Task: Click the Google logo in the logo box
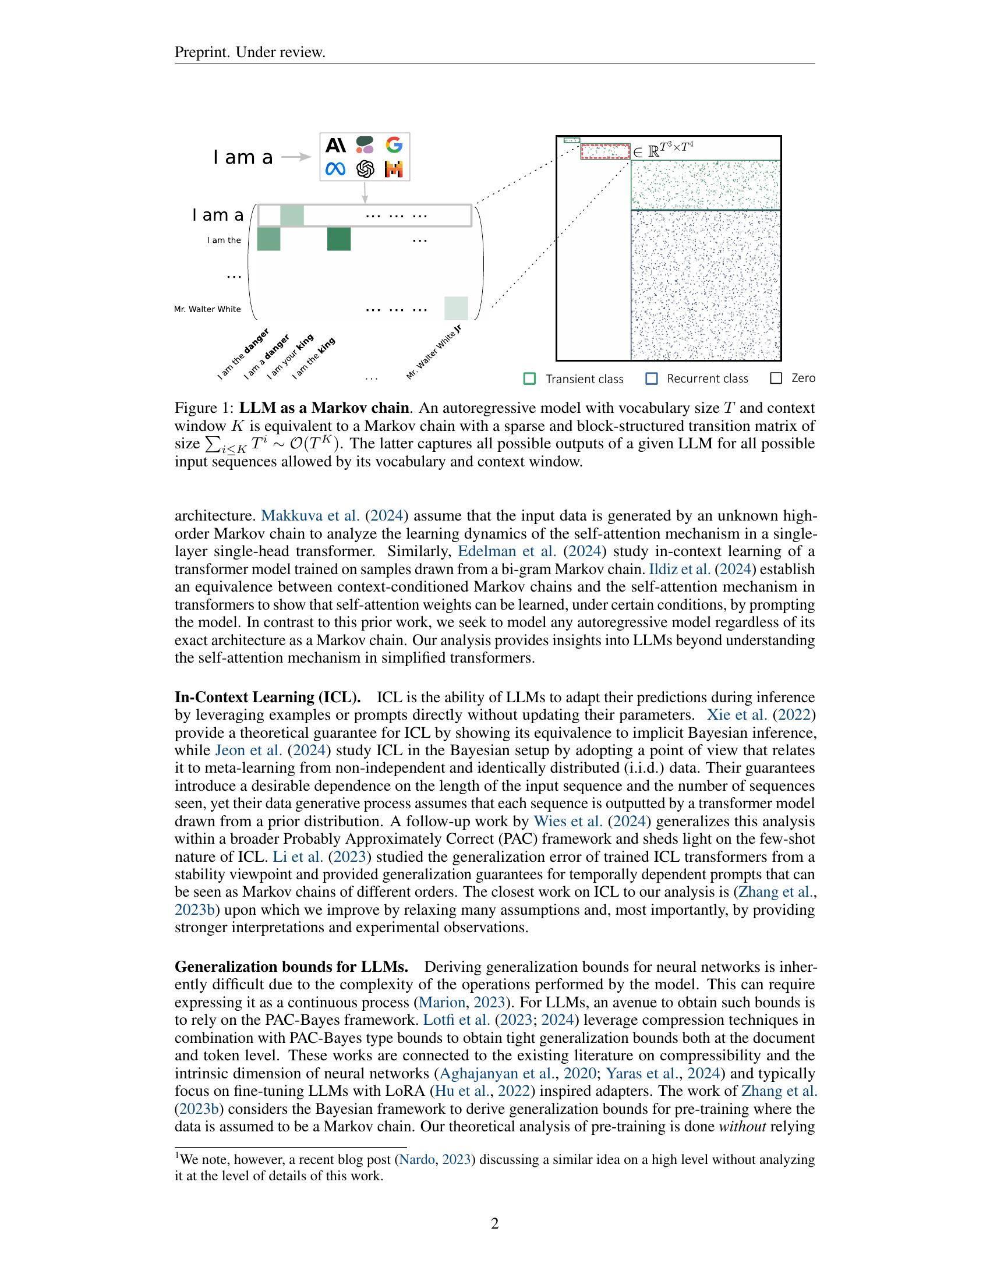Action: [x=394, y=144]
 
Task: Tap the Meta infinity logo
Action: [x=335, y=169]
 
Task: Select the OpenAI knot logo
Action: [x=365, y=169]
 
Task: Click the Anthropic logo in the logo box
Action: [x=335, y=144]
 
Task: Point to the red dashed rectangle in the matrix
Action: [x=605, y=151]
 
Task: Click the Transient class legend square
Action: [x=529, y=379]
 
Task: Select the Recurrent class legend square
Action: [x=651, y=379]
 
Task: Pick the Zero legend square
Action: [x=776, y=378]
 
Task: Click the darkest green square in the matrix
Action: [x=338, y=239]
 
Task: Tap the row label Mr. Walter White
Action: [x=207, y=309]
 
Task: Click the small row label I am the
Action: [x=224, y=240]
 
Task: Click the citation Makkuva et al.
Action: [x=310, y=515]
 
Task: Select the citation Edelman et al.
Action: [x=507, y=551]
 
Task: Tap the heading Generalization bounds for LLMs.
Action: [x=291, y=967]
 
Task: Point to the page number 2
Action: [x=494, y=1224]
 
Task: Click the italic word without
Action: [x=742, y=1127]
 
